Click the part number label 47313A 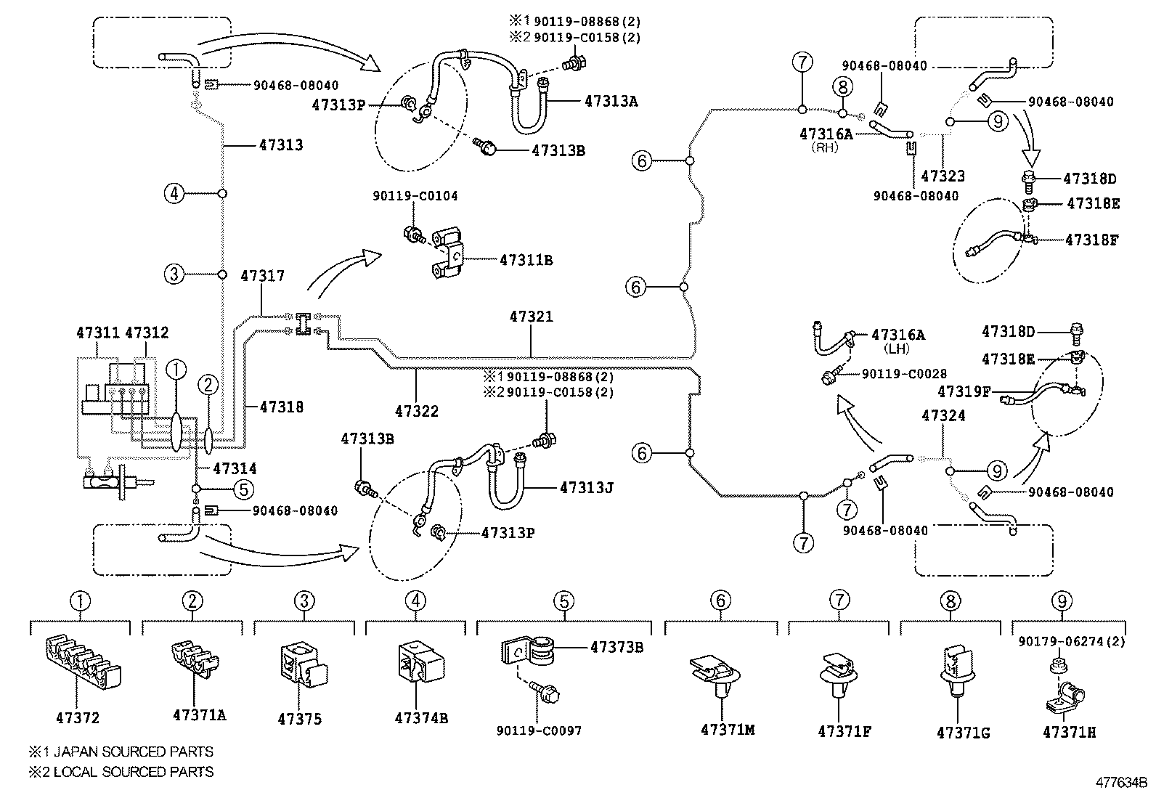pyautogui.click(x=611, y=102)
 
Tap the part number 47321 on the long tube pyautogui.click(x=531, y=317)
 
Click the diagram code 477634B pyautogui.click(x=1121, y=783)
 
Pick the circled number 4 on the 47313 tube pyautogui.click(x=174, y=194)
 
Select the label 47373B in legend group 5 pyautogui.click(x=616, y=647)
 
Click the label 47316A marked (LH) pyautogui.click(x=898, y=335)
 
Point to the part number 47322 pyautogui.click(x=417, y=411)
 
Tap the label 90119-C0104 pyautogui.click(x=415, y=196)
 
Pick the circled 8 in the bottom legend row pyautogui.click(x=950, y=601)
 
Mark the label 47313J pyautogui.click(x=587, y=488)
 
